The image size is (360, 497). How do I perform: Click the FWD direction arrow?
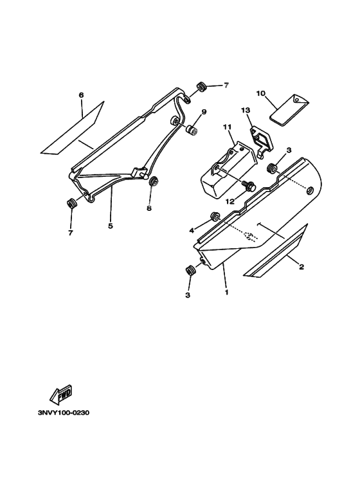[x=61, y=394]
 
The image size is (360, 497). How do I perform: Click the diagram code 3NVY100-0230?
[x=64, y=413]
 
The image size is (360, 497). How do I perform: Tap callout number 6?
[x=81, y=95]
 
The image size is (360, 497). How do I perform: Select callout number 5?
[x=111, y=226]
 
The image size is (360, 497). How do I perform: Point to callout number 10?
[x=261, y=93]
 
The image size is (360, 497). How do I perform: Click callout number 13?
[x=246, y=110]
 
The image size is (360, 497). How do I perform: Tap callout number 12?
[x=230, y=201]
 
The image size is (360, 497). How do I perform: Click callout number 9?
[x=204, y=112]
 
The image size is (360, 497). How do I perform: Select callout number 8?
[x=149, y=208]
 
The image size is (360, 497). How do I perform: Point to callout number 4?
[x=192, y=230]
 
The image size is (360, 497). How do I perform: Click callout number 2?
[x=301, y=267]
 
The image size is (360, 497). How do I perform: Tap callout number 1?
[x=226, y=292]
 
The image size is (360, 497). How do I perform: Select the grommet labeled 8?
[x=154, y=182]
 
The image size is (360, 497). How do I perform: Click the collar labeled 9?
[x=192, y=130]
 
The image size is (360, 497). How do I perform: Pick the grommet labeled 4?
[x=215, y=217]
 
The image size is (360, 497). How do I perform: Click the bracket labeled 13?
[x=261, y=143]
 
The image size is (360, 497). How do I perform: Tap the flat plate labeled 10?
[x=289, y=110]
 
